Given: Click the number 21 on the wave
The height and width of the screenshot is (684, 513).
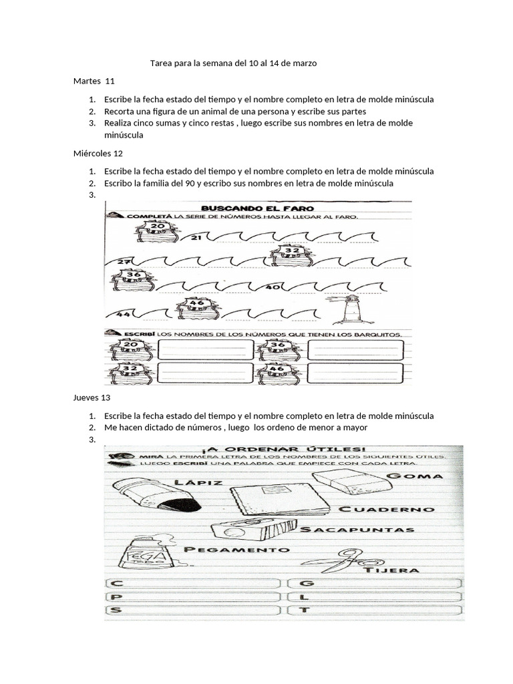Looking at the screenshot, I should pos(196,237).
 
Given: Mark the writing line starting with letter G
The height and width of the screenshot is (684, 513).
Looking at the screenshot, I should pos(375,583).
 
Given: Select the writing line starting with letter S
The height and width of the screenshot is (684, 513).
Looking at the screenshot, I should pos(192,609).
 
